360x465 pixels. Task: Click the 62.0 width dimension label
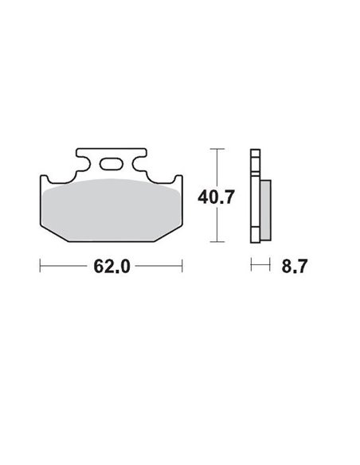tap(112, 266)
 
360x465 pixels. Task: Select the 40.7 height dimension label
tap(216, 196)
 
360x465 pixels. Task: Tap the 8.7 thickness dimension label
tap(294, 266)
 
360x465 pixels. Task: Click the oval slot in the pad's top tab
tap(112, 166)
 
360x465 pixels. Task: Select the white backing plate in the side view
tap(254, 195)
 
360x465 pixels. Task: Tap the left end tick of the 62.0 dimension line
tap(40, 266)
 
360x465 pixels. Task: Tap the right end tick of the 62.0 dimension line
tap(183, 266)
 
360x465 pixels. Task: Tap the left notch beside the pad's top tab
tap(80, 169)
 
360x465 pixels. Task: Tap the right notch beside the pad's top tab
tap(143, 169)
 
